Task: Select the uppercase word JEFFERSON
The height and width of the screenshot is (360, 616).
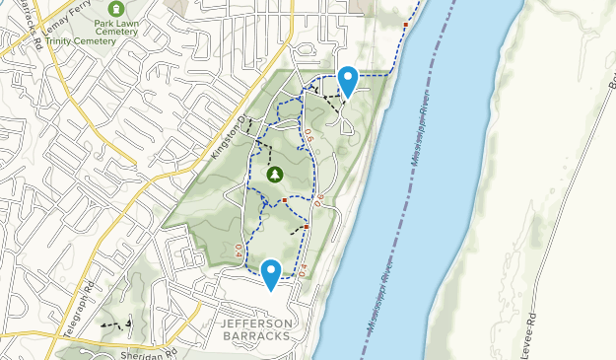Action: [x=256, y=324]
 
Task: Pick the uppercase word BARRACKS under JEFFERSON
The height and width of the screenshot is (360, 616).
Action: [x=256, y=336]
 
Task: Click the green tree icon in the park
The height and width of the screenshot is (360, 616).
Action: [x=274, y=175]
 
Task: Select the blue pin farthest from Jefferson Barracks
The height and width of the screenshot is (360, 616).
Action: [x=347, y=80]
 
